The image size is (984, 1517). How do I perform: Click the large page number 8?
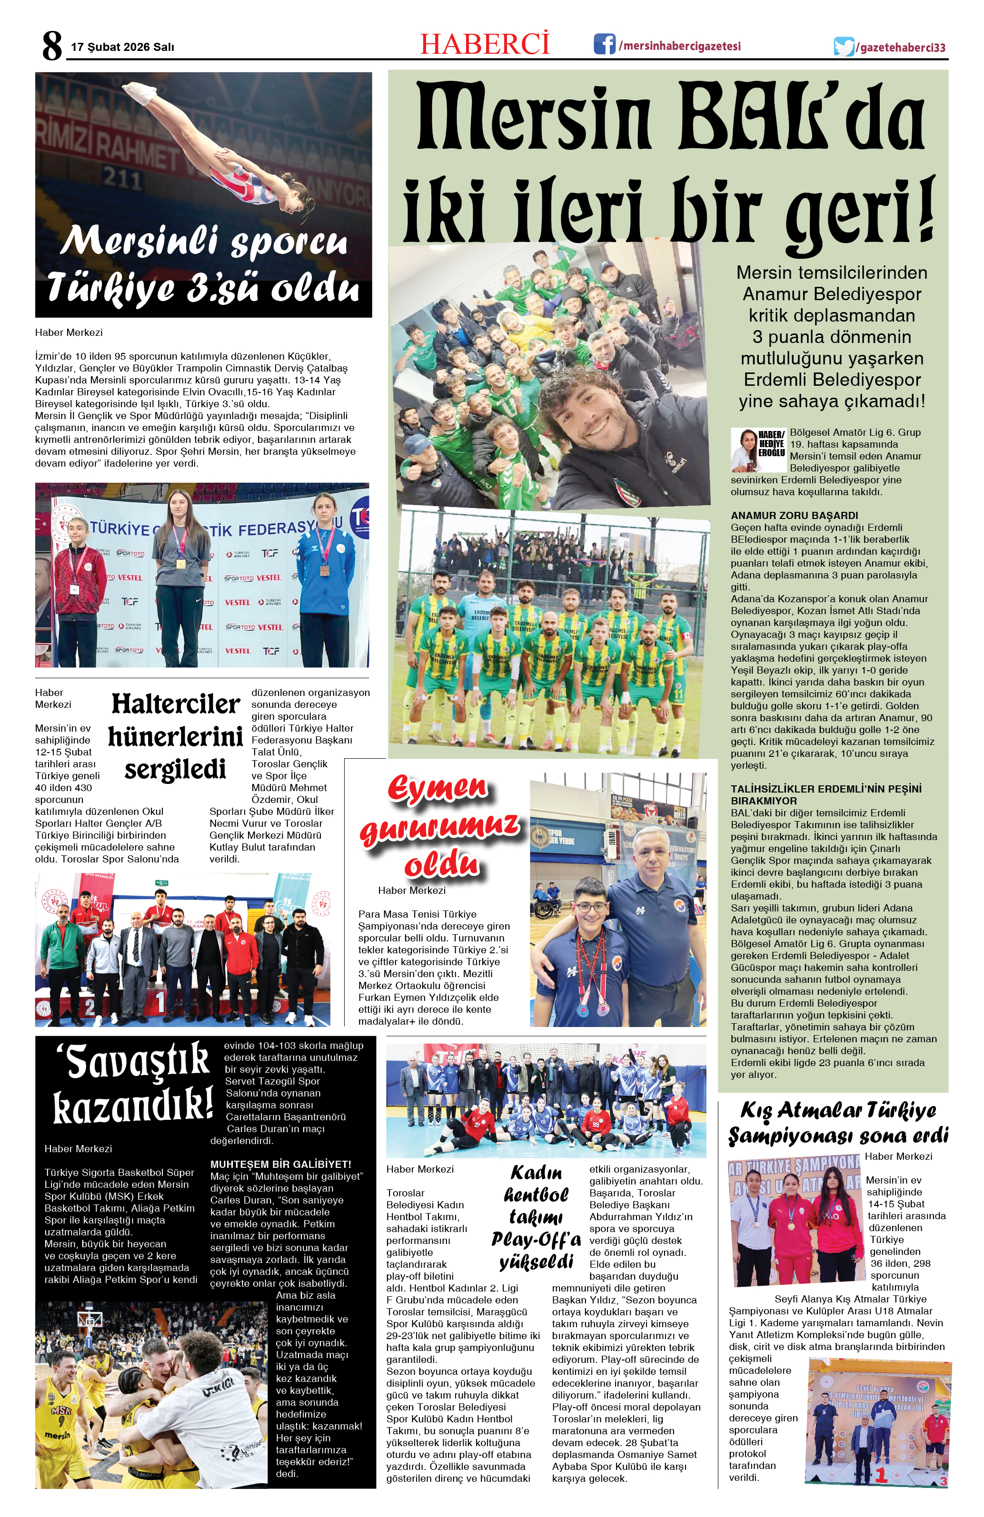(52, 46)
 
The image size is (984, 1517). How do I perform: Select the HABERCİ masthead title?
(485, 43)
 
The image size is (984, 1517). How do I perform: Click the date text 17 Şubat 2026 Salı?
(122, 47)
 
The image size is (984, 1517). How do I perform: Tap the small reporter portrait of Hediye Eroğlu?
(743, 450)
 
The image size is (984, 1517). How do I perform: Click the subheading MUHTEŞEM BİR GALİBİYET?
(280, 1164)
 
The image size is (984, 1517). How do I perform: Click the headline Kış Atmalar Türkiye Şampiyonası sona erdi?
(838, 1123)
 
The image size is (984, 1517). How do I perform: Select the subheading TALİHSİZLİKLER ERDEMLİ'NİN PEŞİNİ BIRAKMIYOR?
(826, 794)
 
